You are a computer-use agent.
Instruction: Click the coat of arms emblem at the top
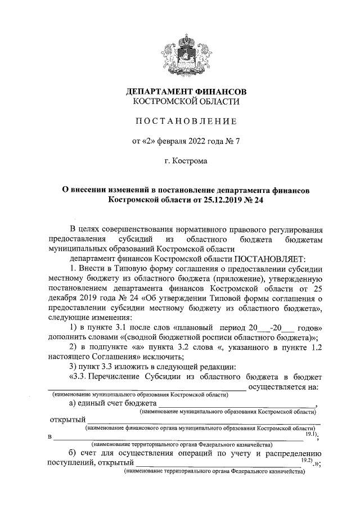[x=186, y=54]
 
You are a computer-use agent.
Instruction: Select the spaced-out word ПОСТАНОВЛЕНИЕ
[x=186, y=121]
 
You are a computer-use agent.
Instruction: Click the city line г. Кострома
[x=186, y=161]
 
